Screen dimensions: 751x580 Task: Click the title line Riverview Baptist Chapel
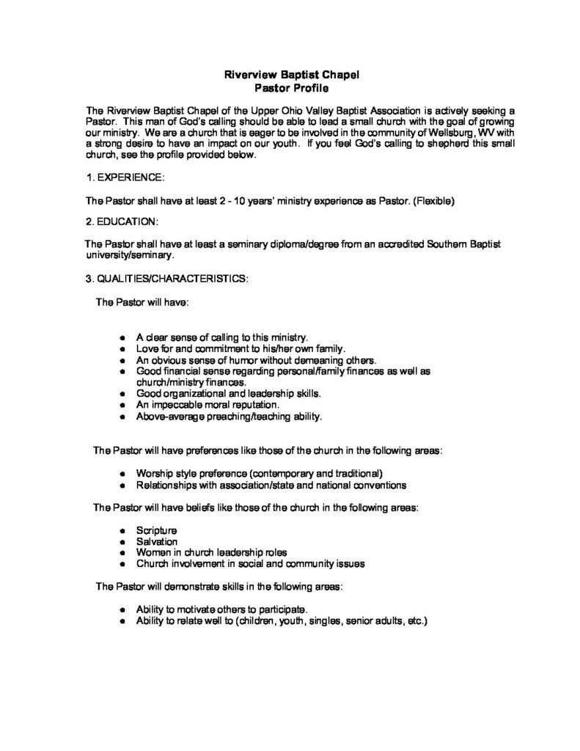click(289, 74)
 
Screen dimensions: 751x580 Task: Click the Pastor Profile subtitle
click(289, 87)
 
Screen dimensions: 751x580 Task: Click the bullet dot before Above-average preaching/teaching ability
click(121, 417)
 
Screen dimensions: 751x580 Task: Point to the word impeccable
click(179, 404)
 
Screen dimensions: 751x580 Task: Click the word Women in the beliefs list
click(153, 552)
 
